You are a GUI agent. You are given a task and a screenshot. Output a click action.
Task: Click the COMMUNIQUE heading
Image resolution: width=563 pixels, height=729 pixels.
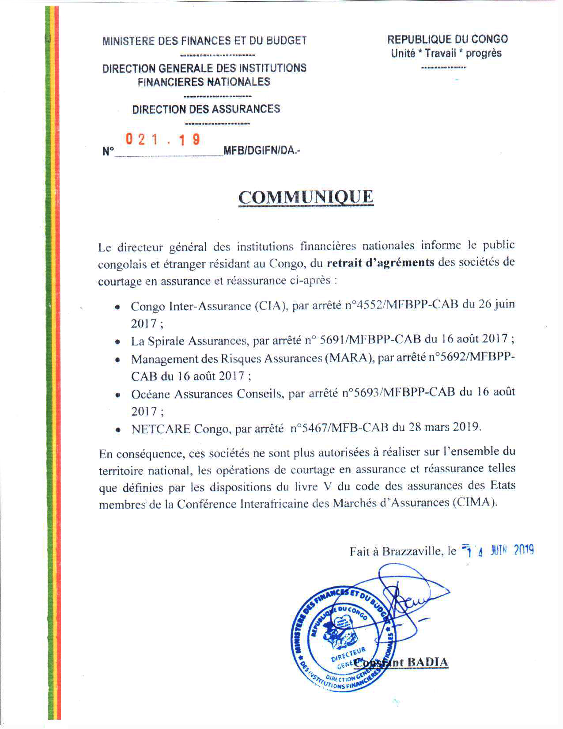click(x=306, y=197)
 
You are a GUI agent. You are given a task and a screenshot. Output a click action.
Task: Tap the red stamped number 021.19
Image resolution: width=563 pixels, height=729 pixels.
click(x=163, y=140)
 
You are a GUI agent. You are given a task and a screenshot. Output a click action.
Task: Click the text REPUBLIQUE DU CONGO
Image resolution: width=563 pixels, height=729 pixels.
click(x=447, y=39)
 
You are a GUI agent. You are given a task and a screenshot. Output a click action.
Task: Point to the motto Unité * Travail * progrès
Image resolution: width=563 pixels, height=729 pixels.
click(x=446, y=53)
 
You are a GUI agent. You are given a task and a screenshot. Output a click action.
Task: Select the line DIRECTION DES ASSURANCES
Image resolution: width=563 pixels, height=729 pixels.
click(x=206, y=109)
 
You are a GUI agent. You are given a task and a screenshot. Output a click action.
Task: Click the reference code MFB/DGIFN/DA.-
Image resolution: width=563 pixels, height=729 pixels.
click(x=262, y=151)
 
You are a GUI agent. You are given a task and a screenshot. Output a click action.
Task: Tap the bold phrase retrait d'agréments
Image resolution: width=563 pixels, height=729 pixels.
click(x=381, y=262)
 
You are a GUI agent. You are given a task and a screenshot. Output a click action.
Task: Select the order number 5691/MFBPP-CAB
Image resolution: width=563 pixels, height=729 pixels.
click(x=370, y=340)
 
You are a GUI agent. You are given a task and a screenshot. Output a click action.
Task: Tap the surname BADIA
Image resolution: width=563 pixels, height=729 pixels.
click(x=427, y=662)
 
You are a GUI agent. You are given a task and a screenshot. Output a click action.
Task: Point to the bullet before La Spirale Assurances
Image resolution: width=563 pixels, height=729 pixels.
click(x=117, y=342)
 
